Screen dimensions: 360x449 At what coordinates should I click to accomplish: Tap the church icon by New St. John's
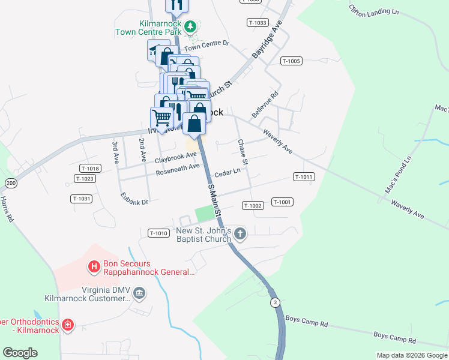pos(240,233)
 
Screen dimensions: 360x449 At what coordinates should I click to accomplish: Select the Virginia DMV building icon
pos(139,293)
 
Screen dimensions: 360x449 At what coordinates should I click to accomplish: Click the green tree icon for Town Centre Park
pos(190,26)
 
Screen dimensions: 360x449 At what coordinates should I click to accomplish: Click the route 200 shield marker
pos(11,182)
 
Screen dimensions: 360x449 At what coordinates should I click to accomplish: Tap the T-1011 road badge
pos(304,177)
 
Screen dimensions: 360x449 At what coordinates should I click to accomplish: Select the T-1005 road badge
pos(291,61)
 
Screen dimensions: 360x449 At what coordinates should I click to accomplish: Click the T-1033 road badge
pos(257,22)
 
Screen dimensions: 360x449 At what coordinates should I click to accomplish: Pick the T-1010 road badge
pos(158,233)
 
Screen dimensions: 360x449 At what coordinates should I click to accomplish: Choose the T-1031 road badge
pos(81,199)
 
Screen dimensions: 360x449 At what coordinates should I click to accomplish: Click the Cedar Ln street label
pos(228,172)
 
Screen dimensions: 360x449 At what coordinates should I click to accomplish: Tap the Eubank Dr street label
pos(134,199)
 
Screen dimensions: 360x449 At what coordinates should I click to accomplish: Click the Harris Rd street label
pos(7,210)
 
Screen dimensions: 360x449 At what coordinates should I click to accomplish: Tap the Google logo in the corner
pos(20,353)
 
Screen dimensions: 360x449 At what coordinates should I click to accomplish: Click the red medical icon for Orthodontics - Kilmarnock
pos(68,325)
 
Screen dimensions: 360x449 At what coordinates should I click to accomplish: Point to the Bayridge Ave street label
pos(267,41)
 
